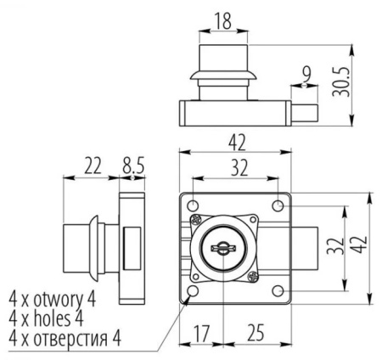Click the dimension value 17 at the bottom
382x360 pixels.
pyautogui.click(x=201, y=334)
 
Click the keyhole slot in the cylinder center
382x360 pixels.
pyautogui.click(x=222, y=247)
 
